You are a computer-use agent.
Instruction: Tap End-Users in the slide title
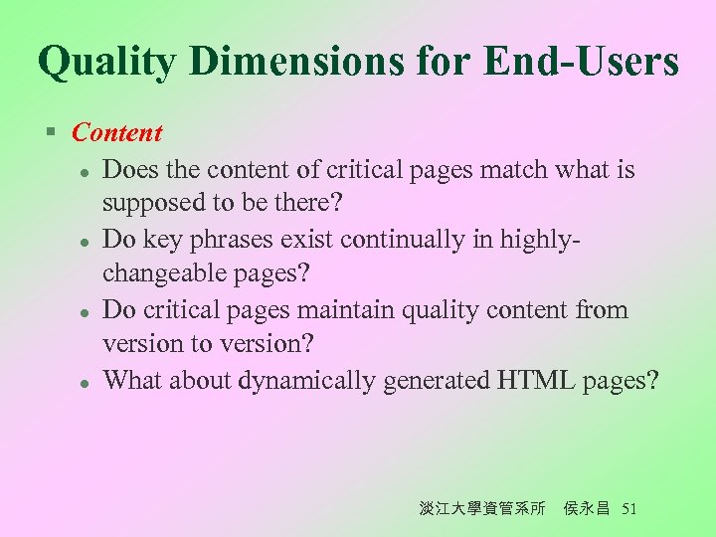pos(582,62)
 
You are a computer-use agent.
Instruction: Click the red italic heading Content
pos(116,132)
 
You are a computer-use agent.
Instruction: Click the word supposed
pos(149,205)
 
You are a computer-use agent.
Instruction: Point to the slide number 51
pos(627,509)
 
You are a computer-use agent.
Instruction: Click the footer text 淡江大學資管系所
pos(481,509)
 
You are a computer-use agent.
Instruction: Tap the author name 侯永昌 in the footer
pos(586,509)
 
